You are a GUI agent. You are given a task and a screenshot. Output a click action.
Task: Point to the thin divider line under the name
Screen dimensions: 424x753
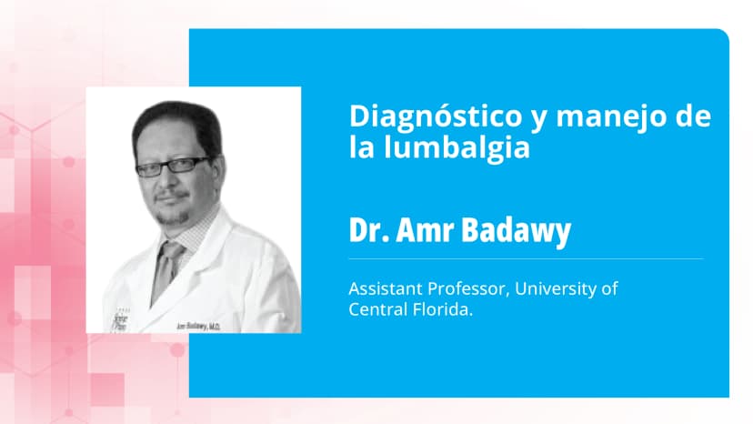click(x=526, y=258)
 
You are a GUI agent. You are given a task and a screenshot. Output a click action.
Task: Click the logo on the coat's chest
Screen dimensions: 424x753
click(x=117, y=320)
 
